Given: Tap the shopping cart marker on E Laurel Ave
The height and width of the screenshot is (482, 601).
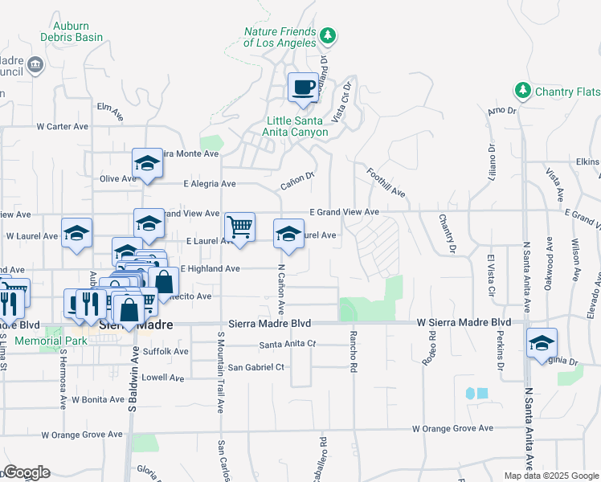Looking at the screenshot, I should coord(239,227).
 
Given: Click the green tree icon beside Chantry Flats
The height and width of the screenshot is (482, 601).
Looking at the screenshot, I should coord(523,90).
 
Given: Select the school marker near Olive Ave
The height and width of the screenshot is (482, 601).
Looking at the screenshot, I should coord(148,164).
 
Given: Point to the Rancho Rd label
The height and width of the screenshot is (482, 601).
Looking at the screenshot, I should coord(352,351).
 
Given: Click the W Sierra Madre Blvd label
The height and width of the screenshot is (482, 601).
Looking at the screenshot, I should coord(464,322).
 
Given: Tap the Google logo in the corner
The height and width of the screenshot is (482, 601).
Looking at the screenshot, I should coord(27,472).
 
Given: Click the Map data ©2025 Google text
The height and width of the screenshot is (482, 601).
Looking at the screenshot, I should coord(551,476).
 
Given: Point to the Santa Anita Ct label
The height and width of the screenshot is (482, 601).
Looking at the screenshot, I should coord(288,345).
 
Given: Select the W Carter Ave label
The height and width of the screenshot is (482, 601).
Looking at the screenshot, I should coord(62,126).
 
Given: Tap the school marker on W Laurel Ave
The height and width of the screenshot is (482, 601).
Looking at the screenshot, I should coord(76,234).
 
